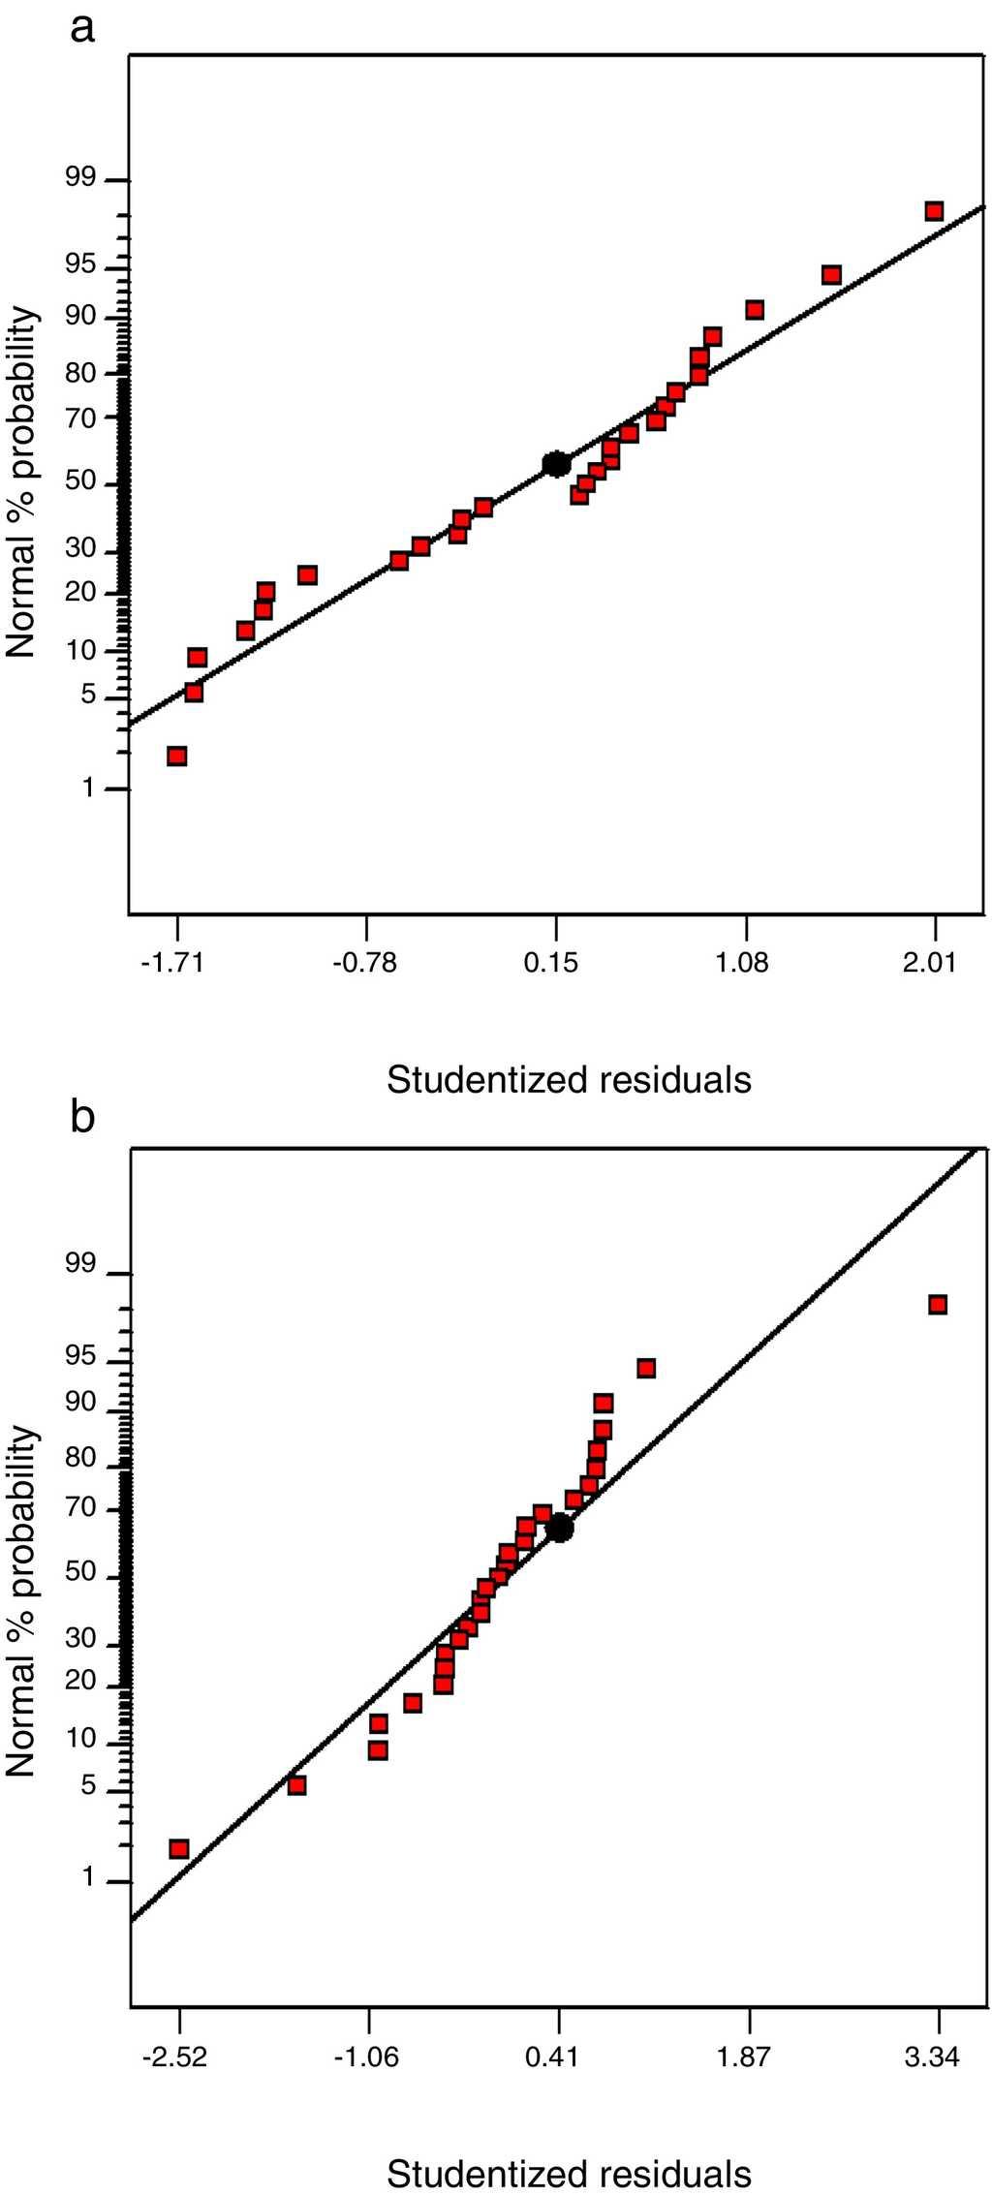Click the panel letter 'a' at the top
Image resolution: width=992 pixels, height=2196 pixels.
point(83,29)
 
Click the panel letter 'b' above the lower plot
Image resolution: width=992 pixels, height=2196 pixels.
point(83,1118)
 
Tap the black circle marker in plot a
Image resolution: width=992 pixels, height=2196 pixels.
point(555,464)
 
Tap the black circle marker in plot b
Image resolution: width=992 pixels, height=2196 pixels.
point(560,1528)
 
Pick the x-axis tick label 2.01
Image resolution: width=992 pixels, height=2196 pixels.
point(929,962)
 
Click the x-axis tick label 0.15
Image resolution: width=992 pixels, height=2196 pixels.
point(551,962)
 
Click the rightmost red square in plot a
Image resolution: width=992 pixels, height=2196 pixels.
point(934,211)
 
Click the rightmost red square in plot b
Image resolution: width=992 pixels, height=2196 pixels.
point(937,1305)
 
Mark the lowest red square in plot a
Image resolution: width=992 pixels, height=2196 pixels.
point(176,756)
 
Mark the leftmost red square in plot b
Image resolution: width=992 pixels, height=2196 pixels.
point(178,1848)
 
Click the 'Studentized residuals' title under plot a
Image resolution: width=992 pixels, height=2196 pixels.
point(569,1079)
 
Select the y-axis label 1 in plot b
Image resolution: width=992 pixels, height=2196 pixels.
point(89,1878)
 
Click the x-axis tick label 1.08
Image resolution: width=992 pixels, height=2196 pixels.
point(741,962)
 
